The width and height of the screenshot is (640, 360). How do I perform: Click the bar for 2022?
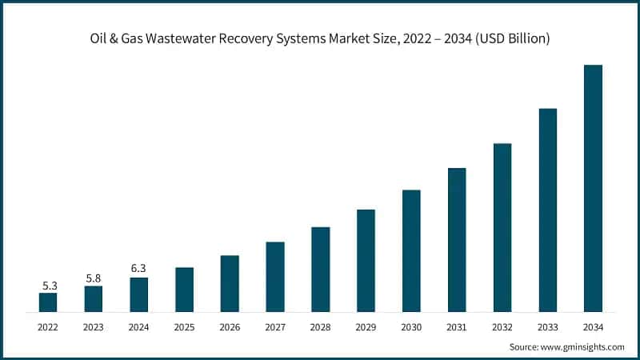(48, 302)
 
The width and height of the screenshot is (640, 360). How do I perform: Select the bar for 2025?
(185, 289)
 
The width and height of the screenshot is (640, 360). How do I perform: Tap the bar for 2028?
(320, 269)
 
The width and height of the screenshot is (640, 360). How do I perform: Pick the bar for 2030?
(411, 250)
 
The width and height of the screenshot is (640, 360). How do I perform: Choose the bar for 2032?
(502, 227)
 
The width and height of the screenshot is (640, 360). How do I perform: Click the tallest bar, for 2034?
(593, 188)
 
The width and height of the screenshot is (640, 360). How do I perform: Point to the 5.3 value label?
(48, 285)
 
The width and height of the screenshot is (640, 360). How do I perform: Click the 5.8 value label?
(94, 278)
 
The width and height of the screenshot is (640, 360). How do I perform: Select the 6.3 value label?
(138, 269)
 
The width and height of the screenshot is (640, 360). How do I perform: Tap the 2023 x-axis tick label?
(94, 326)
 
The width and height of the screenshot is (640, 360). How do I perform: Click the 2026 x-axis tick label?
(230, 326)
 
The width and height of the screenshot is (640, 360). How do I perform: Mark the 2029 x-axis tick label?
(366, 326)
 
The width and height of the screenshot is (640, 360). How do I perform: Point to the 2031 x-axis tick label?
(457, 326)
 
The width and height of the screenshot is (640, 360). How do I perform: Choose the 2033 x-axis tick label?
(547, 326)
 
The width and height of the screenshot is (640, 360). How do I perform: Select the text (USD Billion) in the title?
(510, 38)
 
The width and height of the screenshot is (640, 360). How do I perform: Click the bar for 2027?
(275, 276)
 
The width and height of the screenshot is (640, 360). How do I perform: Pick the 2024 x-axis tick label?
(139, 326)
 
